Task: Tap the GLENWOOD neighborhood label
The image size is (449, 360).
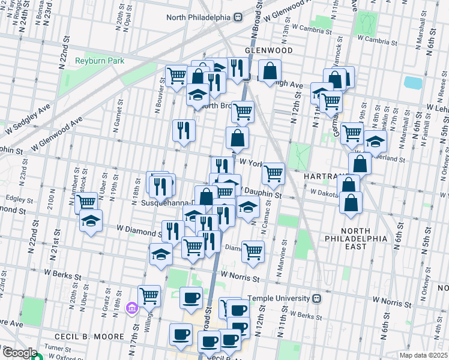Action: click(x=268, y=50)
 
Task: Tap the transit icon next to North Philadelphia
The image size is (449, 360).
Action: click(x=238, y=17)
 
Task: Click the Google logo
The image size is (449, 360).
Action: click(x=19, y=353)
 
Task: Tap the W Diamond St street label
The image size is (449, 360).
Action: click(x=139, y=229)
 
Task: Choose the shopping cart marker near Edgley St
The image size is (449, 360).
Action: click(x=86, y=202)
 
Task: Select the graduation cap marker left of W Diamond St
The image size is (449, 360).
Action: click(x=91, y=220)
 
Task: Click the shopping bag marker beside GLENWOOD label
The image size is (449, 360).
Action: click(x=270, y=70)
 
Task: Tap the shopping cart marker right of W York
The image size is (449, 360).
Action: click(x=273, y=173)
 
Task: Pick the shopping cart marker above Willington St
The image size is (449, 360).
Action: click(x=149, y=295)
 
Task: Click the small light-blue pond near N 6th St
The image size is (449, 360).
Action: click(x=412, y=82)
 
